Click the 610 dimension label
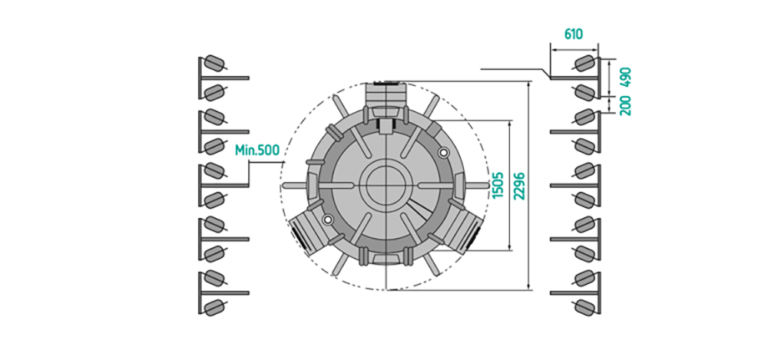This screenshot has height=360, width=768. [x=574, y=35]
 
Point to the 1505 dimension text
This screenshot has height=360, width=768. [x=498, y=185]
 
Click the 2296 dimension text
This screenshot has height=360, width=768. [x=519, y=186]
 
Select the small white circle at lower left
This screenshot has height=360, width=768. [x=328, y=219]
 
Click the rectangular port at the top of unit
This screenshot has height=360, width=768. [x=386, y=100]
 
